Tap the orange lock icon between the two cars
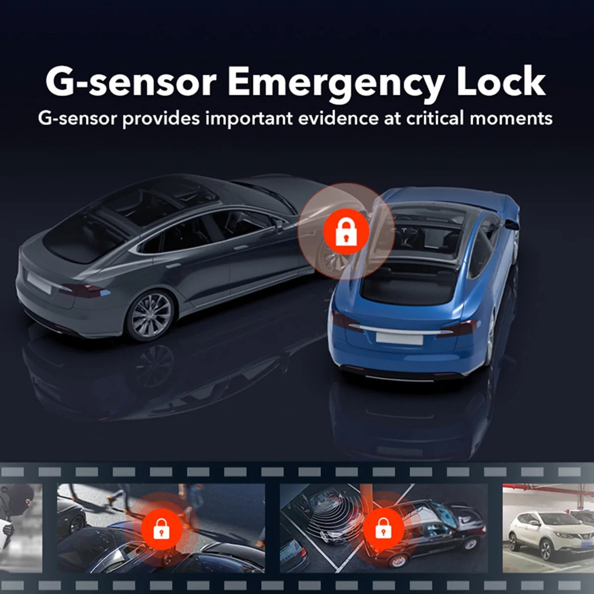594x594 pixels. (x=346, y=232)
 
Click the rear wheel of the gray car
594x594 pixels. (x=147, y=315)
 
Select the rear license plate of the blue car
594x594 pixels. (x=399, y=339)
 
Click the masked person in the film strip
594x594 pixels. (x=19, y=505)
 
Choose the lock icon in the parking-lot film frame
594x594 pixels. (x=382, y=528)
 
